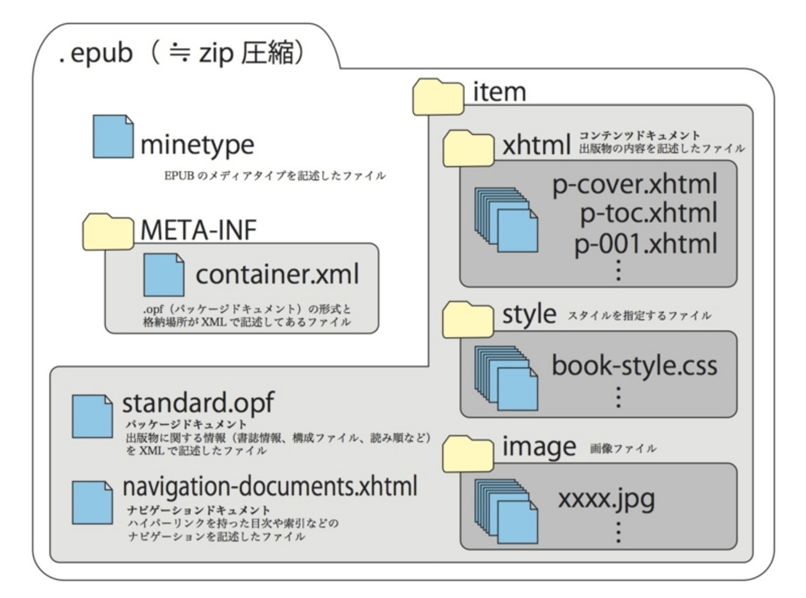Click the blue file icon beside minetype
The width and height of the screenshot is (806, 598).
click(112, 136)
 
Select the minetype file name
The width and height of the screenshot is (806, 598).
click(197, 144)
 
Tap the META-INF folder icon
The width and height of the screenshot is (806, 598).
click(108, 231)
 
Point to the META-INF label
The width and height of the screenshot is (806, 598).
click(198, 230)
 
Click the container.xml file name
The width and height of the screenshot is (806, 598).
click(277, 274)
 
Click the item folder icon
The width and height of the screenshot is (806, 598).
click(438, 97)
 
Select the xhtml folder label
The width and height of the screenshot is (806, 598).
click(536, 145)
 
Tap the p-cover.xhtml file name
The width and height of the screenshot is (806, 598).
click(634, 184)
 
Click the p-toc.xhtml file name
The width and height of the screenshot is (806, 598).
click(648, 213)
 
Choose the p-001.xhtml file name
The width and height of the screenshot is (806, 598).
click(645, 243)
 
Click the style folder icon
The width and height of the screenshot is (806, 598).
click(468, 319)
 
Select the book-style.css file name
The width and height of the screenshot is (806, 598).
click(634, 365)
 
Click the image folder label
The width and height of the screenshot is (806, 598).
click(539, 446)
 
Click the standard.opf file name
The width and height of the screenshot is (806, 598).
click(198, 403)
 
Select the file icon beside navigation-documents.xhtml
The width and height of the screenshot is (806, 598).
click(92, 502)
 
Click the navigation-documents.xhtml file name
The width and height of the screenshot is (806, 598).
click(270, 487)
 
